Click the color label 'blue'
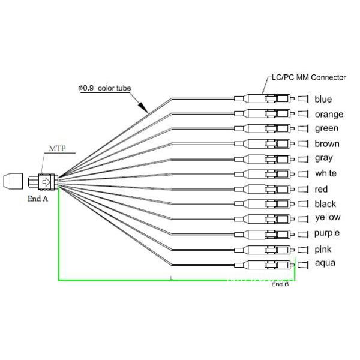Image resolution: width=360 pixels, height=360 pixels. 323,100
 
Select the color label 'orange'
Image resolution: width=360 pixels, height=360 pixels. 329,115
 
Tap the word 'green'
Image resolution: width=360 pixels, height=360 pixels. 326,128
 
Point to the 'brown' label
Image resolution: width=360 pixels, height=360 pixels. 327,144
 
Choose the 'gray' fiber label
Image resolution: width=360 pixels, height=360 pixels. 324,158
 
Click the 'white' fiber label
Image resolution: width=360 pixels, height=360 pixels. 326,174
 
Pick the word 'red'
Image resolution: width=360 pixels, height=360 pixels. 321,190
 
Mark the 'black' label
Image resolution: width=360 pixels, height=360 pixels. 325,204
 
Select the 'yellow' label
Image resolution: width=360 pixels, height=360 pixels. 328,218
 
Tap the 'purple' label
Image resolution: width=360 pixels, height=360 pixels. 327,233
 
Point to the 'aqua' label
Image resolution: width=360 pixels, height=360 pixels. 325,263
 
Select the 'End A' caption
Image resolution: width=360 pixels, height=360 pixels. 37,198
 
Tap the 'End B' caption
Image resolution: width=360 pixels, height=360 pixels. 280,284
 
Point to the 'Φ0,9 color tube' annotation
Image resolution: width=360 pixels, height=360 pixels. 104,88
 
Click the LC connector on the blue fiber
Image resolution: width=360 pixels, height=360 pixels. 268,99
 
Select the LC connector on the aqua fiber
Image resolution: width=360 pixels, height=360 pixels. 268,264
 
